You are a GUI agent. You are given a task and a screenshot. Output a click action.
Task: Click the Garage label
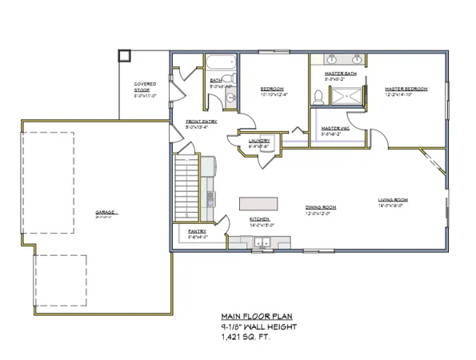(x=106, y=212)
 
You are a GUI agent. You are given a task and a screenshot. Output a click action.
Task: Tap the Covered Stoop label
(x=146, y=87)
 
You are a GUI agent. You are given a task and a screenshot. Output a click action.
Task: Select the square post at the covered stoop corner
(x=123, y=55)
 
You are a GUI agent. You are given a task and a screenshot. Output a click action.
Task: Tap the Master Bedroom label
(x=406, y=89)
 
